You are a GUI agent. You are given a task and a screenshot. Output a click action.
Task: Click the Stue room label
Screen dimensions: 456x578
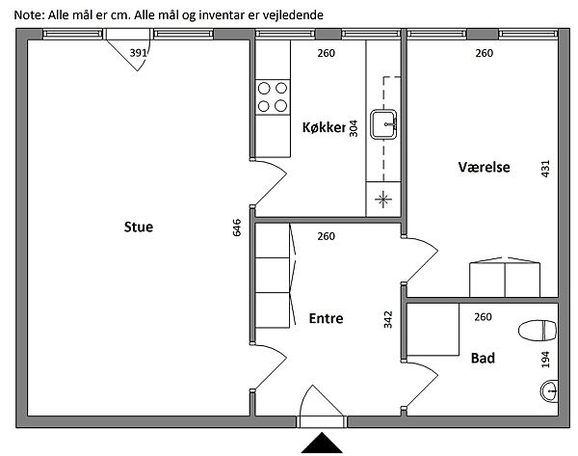point(139,228)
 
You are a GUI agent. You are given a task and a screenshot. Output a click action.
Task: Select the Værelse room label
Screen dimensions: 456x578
point(484,168)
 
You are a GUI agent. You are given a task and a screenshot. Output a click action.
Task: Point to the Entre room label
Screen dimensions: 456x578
point(326,318)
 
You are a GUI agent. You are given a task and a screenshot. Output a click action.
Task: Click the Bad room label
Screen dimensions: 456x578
point(483,359)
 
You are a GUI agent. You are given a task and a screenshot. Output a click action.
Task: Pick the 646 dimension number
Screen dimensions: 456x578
point(237,228)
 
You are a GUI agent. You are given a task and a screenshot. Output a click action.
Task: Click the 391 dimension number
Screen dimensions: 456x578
point(139,53)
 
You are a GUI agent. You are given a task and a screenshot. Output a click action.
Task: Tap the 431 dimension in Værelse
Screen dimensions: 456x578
point(546,168)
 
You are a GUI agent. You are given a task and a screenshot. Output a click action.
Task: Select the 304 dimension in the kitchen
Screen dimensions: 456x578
point(354,128)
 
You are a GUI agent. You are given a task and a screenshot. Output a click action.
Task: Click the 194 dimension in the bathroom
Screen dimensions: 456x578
point(546,359)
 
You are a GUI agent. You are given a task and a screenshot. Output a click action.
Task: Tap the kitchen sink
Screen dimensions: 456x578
point(387,122)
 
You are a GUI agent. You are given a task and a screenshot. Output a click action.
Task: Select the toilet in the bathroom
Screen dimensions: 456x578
point(538,331)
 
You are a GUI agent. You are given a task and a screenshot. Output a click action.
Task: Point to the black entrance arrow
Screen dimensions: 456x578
point(323,443)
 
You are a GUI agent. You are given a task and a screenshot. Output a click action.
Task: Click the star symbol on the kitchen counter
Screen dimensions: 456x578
point(383,199)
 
